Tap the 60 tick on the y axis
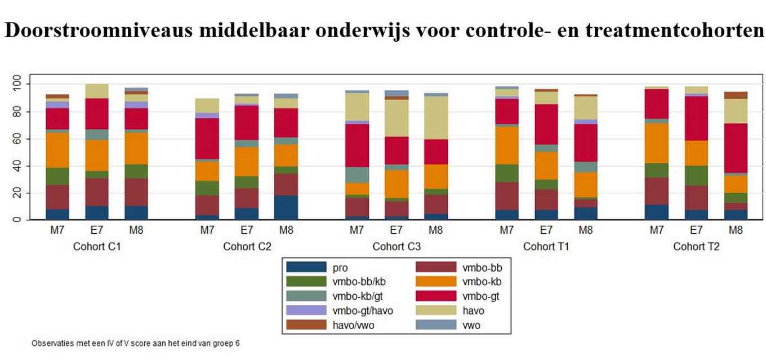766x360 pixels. (x=17, y=139)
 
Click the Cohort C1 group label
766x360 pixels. (x=96, y=247)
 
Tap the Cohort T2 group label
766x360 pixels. (x=696, y=247)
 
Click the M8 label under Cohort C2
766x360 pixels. (x=286, y=230)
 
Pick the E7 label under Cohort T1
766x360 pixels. (x=546, y=230)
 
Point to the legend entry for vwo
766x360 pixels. (x=471, y=325)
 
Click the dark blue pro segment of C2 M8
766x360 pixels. (x=286, y=207)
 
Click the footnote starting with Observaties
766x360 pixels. (x=135, y=343)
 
